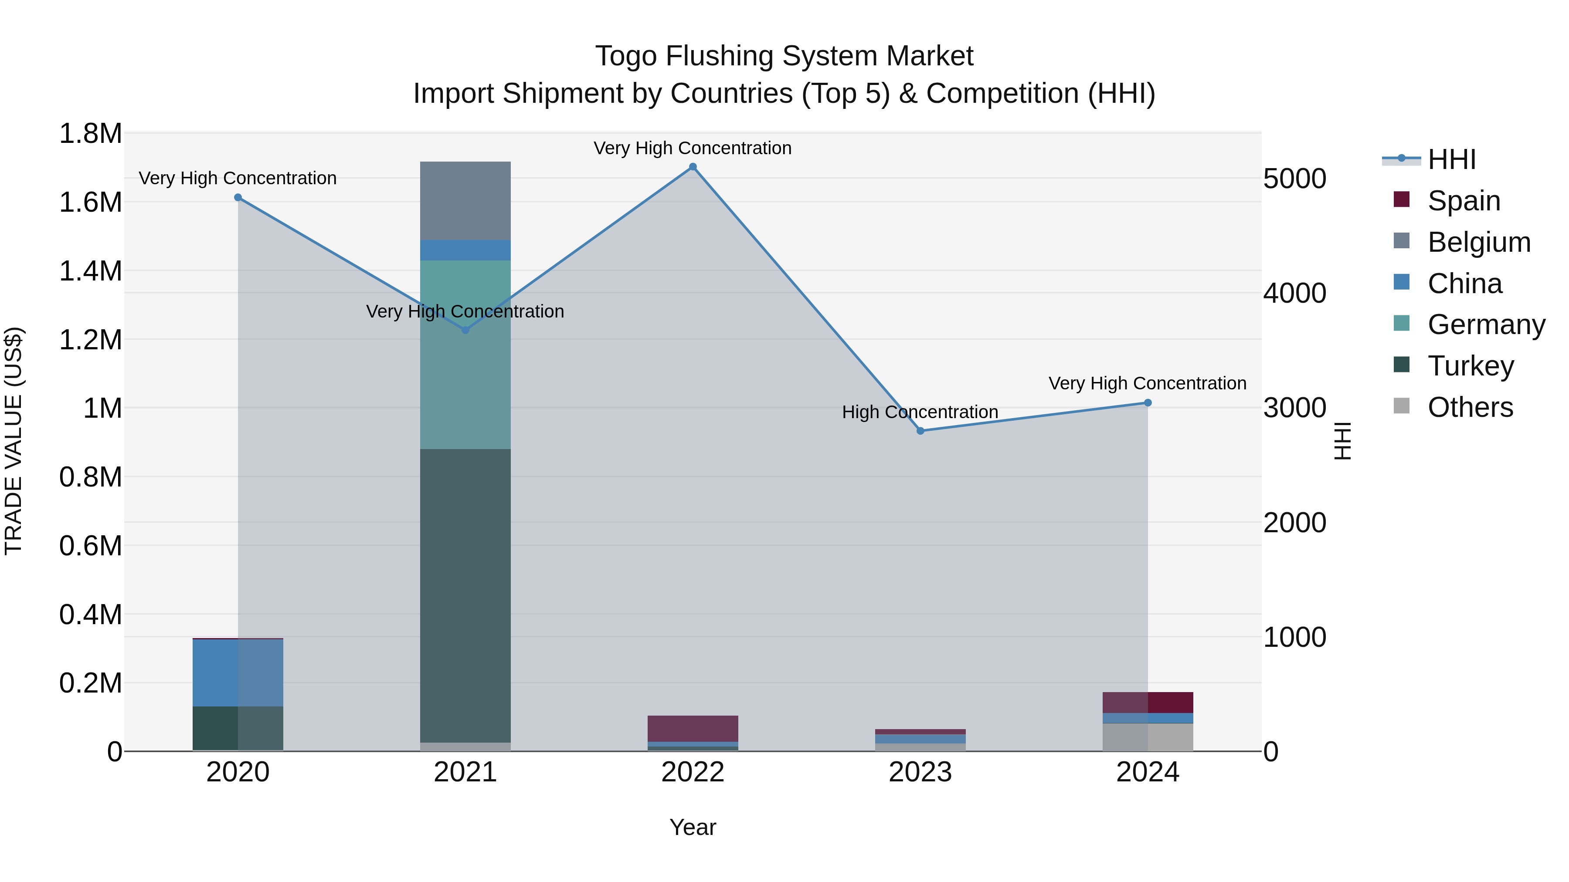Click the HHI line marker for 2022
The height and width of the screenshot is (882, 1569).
[693, 167]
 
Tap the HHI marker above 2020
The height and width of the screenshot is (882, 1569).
[238, 197]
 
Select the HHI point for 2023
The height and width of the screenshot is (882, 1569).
[920, 431]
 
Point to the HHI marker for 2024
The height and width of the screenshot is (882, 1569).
[1148, 403]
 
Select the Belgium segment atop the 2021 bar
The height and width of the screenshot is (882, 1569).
[465, 201]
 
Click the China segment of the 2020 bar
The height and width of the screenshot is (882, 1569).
[238, 672]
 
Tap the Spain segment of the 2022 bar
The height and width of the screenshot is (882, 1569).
[693, 729]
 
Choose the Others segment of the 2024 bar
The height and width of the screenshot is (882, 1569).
[1148, 737]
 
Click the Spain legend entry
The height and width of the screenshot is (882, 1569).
[1463, 201]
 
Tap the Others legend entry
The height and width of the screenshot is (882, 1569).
[1469, 407]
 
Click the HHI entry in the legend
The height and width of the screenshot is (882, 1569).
[1451, 159]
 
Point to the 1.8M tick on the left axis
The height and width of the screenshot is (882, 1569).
[90, 133]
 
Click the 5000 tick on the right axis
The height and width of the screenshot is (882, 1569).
[1294, 179]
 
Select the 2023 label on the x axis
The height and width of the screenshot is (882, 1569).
[920, 772]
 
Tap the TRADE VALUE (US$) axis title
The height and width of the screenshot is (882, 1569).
[14, 441]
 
